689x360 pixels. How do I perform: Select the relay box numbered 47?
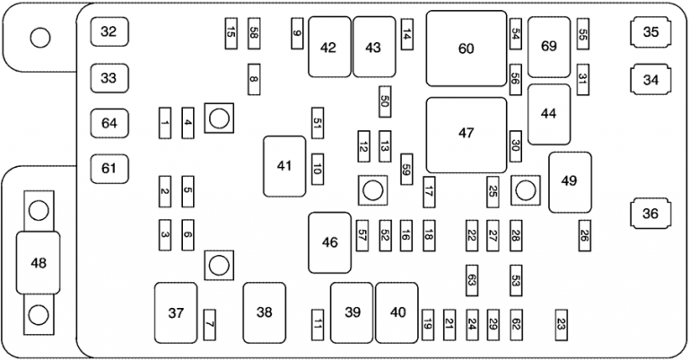[466, 135]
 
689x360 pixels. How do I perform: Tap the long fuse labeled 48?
[38, 263]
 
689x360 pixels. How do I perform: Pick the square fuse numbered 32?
[109, 32]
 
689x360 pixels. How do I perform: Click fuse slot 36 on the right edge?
[650, 214]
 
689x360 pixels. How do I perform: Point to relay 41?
[284, 166]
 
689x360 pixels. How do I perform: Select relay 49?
[570, 180]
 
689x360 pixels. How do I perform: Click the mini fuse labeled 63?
[472, 279]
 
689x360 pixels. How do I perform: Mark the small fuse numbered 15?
[231, 33]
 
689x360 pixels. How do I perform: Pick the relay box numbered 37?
[176, 312]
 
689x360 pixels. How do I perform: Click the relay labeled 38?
[264, 312]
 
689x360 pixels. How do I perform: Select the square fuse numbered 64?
[109, 122]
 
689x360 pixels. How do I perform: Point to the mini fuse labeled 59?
[406, 168]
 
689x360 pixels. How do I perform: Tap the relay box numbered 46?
[330, 242]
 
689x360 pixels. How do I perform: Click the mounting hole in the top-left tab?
[39, 38]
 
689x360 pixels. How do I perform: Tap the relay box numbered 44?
[549, 114]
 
